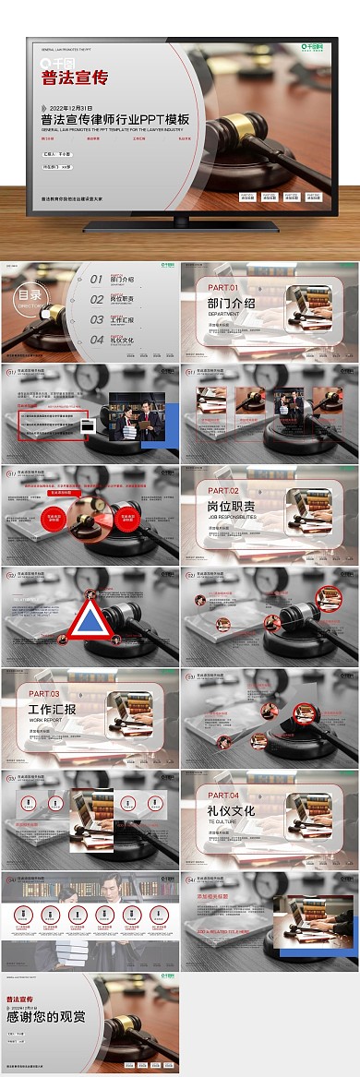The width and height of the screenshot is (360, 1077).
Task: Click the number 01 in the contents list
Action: click(97, 279)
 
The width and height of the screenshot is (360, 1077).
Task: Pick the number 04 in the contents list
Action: click(97, 340)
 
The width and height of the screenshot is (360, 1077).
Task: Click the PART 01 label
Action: click(222, 288)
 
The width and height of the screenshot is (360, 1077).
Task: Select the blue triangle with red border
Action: click(86, 621)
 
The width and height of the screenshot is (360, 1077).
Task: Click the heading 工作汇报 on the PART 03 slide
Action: click(53, 709)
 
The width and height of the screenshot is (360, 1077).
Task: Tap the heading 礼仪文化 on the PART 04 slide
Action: click(232, 810)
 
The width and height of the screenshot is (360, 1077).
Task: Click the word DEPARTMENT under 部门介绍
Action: click(223, 314)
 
